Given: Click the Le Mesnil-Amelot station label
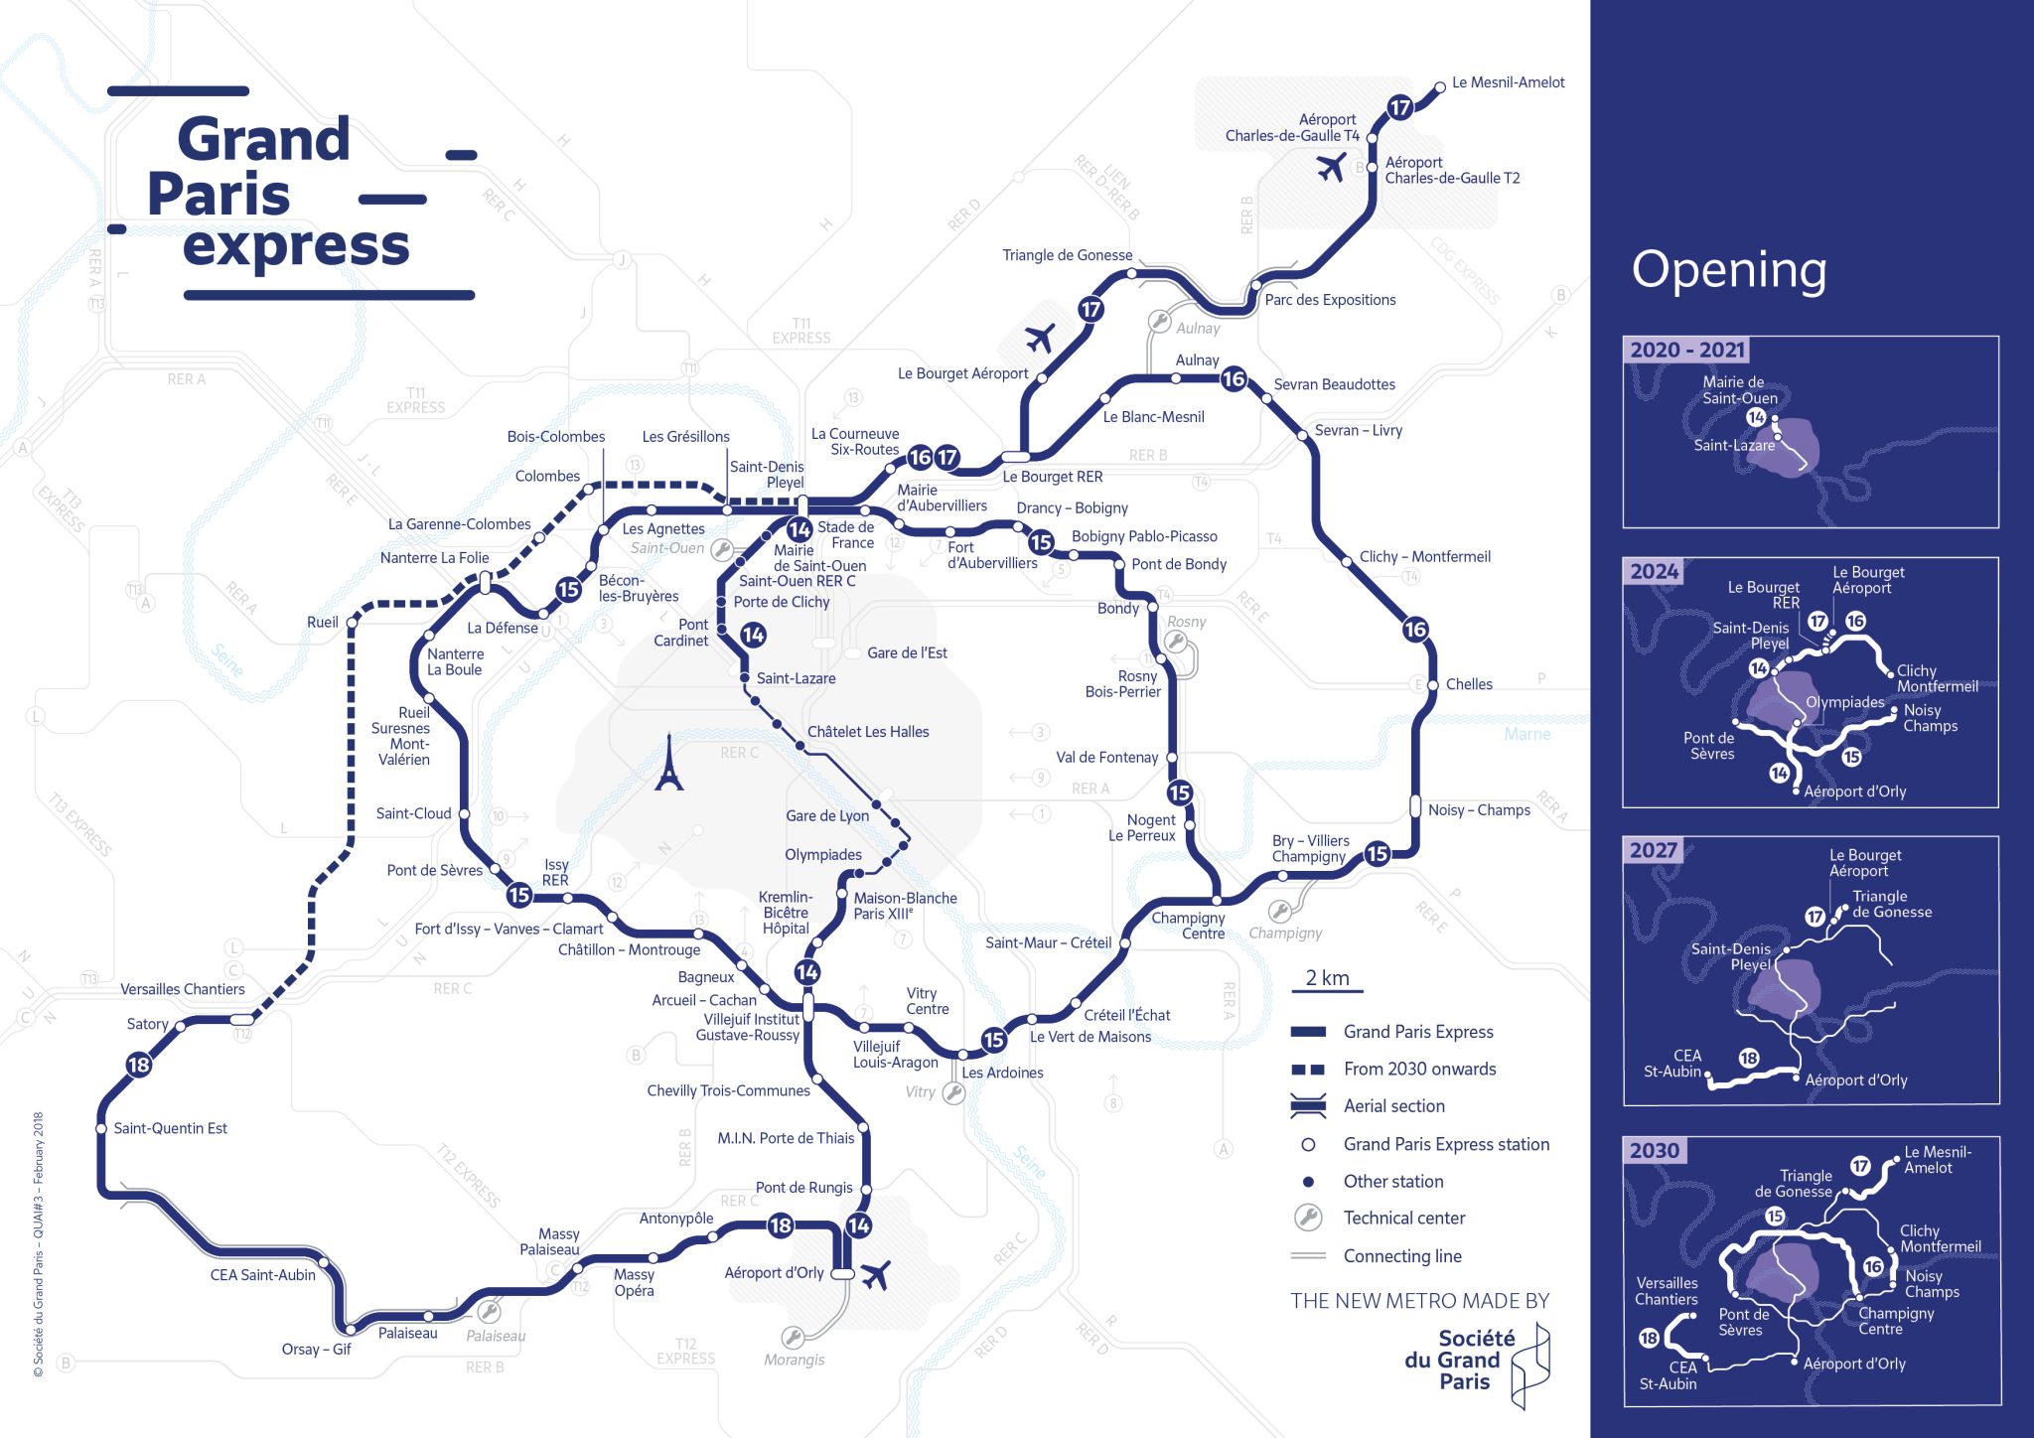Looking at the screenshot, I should (1508, 82).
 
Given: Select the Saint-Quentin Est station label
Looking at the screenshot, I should (170, 1128).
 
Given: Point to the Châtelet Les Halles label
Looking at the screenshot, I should (868, 732).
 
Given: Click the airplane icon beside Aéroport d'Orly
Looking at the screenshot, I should (875, 1274).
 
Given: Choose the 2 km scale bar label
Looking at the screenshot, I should (1327, 978).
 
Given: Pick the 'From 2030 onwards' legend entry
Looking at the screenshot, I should (1419, 1070).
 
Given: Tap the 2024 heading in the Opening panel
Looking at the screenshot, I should (1654, 571).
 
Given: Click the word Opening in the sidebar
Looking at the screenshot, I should (1729, 270).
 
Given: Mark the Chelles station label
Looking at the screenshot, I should (1469, 684).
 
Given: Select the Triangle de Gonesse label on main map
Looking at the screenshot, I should (1067, 255).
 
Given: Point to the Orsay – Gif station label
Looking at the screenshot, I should (316, 1350).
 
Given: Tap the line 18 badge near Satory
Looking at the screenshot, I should (139, 1066).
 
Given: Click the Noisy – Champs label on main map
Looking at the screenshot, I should (1479, 810).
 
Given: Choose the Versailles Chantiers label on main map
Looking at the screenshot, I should (183, 989).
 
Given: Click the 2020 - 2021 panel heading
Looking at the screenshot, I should (1686, 350).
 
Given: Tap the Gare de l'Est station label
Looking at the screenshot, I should (907, 653).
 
